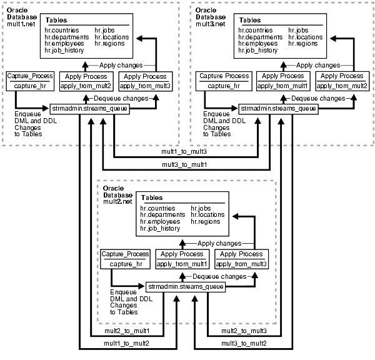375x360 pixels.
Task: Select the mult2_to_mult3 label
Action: pyautogui.click(x=245, y=331)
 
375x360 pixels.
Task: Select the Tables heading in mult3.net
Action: pyautogui.click(x=250, y=20)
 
